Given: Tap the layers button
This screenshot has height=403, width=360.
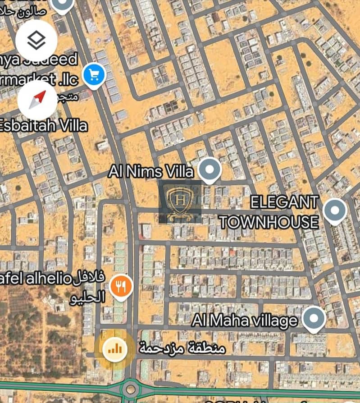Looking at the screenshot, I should (36, 41).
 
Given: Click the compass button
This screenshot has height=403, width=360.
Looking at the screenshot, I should (37, 100).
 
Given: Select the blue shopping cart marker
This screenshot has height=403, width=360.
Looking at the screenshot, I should (94, 74).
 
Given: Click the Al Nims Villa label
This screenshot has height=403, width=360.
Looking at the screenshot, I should (151, 171).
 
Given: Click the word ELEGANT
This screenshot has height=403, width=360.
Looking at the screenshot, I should (284, 202).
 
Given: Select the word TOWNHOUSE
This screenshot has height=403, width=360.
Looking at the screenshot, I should (269, 222).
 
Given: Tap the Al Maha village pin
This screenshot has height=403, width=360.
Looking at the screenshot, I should (313, 318).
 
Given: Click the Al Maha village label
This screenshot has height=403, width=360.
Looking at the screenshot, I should (245, 321).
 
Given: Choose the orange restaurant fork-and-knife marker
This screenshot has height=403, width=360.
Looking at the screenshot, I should (121, 286).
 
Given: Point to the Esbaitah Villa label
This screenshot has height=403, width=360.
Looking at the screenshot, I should (44, 125).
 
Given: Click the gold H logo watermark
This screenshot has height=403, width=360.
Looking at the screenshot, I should (180, 202).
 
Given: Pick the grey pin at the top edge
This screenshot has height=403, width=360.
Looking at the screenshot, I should (63, 5).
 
